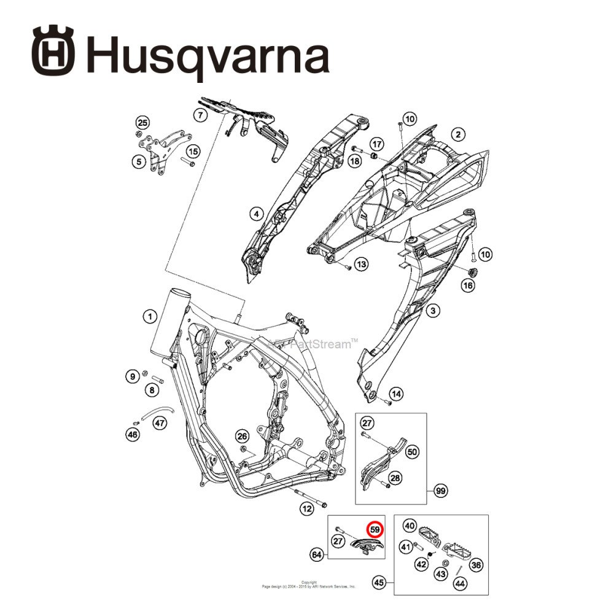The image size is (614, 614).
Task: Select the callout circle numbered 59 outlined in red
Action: coord(374,528)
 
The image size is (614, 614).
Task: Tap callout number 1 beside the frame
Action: coord(149,317)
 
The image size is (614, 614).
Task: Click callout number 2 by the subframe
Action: coord(457,134)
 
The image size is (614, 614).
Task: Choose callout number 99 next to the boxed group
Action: coord(440,491)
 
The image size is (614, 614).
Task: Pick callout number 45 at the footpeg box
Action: coord(379,582)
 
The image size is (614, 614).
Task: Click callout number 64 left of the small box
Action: coord(317,555)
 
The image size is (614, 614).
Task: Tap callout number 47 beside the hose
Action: coord(160,422)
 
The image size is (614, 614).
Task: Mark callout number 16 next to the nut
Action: coord(468,285)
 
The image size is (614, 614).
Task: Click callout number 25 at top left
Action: coord(142,121)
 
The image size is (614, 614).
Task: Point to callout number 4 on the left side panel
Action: coord(255,214)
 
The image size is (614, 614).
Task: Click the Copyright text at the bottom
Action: coord(309,582)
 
